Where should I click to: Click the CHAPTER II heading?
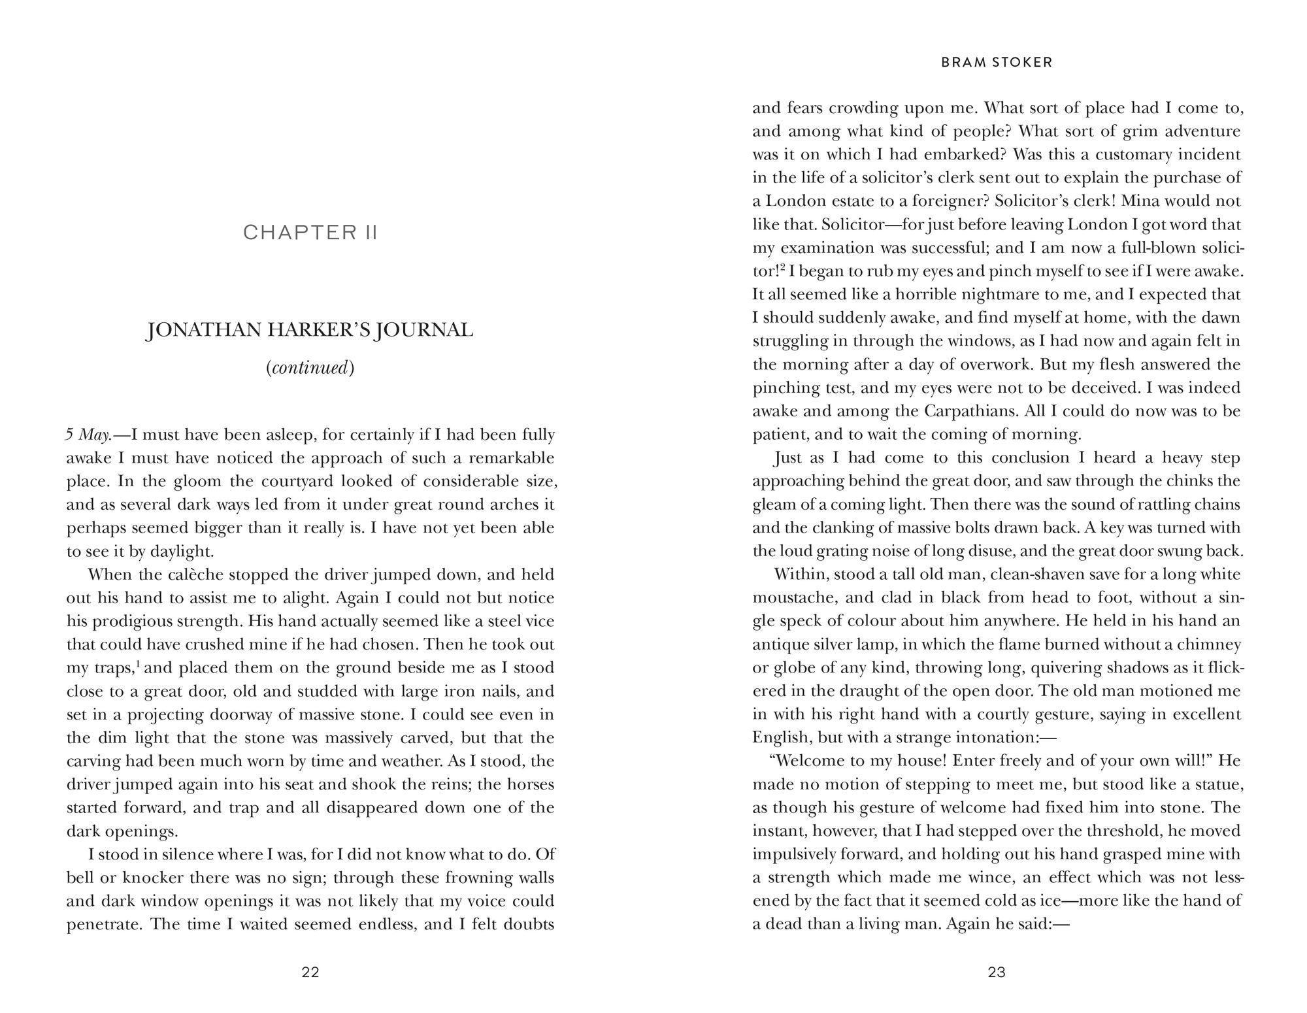click(310, 233)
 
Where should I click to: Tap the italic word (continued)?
click(310, 368)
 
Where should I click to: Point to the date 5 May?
click(90, 435)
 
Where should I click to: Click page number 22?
click(310, 972)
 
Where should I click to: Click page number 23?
click(997, 972)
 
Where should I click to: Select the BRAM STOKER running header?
click(997, 63)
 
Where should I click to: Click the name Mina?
click(1138, 201)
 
